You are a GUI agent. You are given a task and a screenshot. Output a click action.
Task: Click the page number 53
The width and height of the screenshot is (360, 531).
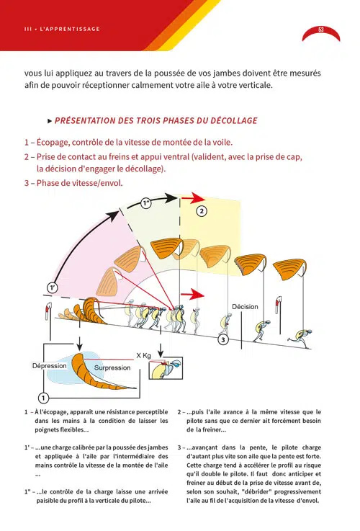coord(320,30)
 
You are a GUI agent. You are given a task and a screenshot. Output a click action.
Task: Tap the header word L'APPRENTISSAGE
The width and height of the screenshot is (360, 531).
coord(70,29)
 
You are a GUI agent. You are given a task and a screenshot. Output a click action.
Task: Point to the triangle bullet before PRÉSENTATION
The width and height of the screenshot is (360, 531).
coord(50,121)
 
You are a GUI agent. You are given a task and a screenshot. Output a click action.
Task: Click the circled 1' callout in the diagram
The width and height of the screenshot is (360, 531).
coord(52,288)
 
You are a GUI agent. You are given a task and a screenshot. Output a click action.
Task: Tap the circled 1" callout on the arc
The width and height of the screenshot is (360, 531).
coord(146,203)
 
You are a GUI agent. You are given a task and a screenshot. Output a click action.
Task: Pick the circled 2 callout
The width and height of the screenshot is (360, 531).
coord(202,211)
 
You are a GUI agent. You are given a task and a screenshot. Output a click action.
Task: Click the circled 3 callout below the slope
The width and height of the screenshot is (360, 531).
coord(223,339)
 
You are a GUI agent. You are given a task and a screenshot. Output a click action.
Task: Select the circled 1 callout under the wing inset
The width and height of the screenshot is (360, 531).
coord(43,398)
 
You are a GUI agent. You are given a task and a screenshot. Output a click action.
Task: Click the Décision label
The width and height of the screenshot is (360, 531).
coord(245,307)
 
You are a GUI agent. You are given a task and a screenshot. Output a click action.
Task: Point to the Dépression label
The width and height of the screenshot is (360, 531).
coord(50,366)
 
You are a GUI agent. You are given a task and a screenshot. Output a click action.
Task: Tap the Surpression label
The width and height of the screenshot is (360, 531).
coord(112,367)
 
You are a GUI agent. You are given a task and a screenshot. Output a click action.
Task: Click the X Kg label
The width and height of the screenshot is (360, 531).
coord(143,356)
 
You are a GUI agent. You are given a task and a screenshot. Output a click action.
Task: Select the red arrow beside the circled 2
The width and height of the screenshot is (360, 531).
coord(193,198)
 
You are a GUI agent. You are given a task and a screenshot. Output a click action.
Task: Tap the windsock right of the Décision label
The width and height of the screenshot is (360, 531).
coord(279,305)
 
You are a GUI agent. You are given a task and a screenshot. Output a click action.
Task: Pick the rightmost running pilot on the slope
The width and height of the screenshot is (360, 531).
coord(300,337)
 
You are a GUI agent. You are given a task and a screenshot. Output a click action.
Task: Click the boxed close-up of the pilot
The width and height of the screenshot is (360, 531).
coord(166,368)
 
